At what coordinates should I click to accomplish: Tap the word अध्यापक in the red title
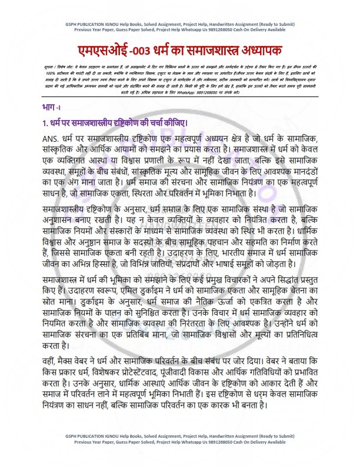tap(265, 49)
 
